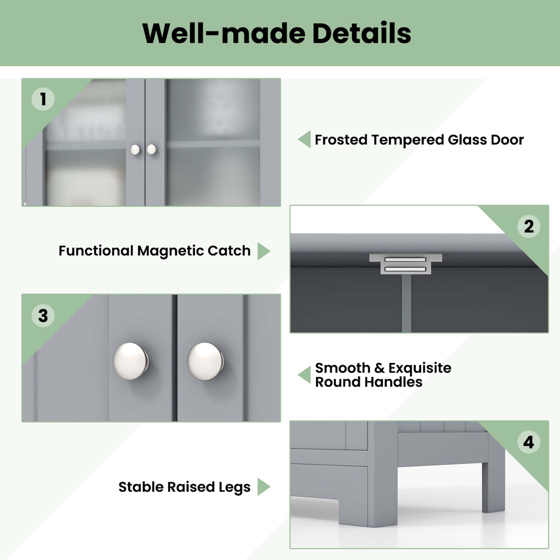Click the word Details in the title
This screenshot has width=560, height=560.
click(x=361, y=34)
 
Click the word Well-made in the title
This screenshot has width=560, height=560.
click(x=223, y=34)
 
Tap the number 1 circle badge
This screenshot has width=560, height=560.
click(x=43, y=99)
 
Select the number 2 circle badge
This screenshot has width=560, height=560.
click(x=529, y=227)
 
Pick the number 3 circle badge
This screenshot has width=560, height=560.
click(x=43, y=316)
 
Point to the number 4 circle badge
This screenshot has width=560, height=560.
click(x=529, y=442)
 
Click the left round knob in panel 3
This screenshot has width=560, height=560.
click(x=130, y=361)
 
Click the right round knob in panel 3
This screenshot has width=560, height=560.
click(x=205, y=361)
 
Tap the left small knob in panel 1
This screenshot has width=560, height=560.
click(x=135, y=150)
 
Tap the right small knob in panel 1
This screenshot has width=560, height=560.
click(x=151, y=149)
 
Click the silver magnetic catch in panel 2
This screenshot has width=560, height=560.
click(x=405, y=264)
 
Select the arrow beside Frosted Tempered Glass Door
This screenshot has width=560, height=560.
click(x=305, y=139)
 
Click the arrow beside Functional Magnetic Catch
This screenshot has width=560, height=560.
click(x=264, y=251)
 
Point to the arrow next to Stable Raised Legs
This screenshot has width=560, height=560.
click(x=264, y=487)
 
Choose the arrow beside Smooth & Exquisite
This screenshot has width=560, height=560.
click(x=305, y=374)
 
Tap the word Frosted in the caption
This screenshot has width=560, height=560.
click(x=341, y=140)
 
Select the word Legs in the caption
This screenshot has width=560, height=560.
click(x=234, y=487)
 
